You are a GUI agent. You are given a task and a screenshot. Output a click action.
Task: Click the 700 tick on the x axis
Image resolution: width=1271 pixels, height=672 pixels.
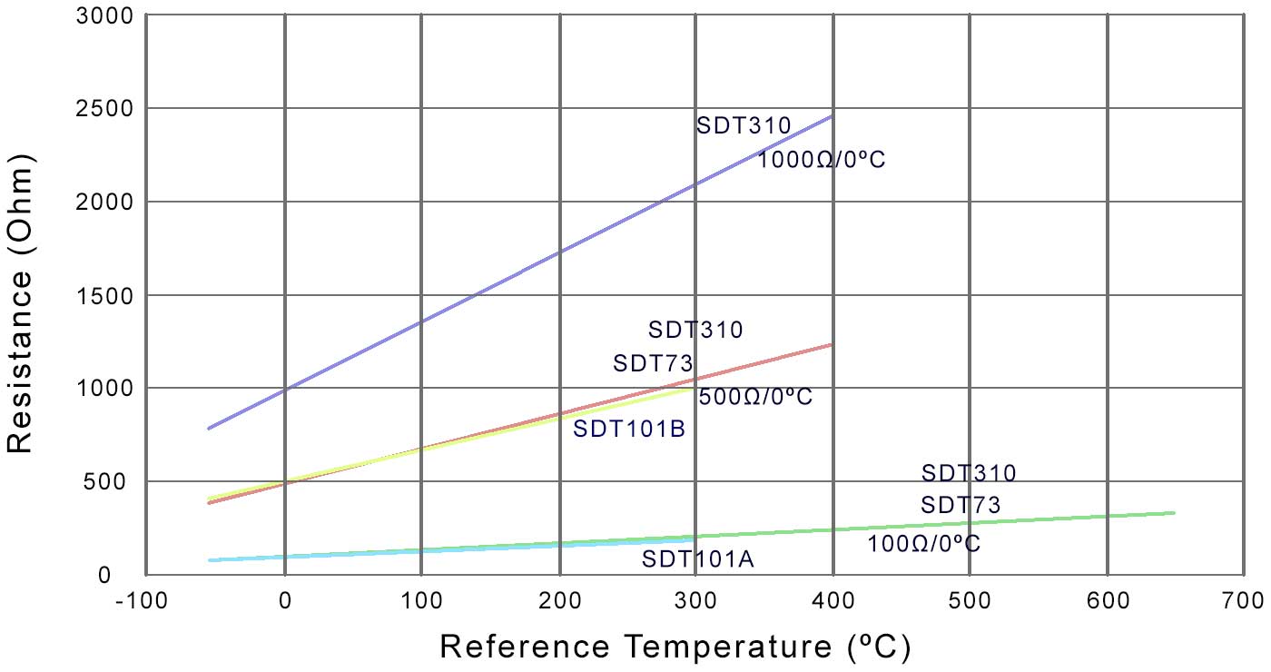pos(1243,600)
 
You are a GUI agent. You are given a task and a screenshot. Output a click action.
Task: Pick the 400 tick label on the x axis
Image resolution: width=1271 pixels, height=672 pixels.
pos(833,600)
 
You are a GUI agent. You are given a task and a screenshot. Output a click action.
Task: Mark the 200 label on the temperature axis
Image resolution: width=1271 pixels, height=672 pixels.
pos(558,600)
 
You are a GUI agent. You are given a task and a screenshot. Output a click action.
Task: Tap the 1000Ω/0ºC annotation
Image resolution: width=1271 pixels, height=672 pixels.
pos(821,160)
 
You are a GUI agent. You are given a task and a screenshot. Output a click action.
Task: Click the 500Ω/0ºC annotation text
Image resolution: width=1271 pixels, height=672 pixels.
pos(755,397)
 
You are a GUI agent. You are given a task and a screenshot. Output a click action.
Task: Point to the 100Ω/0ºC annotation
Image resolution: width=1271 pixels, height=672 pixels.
pos(923,544)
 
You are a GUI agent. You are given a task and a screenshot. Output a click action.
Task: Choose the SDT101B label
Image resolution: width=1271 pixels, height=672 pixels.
pos(628,428)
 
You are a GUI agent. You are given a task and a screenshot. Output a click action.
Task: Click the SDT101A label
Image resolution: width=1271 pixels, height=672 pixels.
pos(697,559)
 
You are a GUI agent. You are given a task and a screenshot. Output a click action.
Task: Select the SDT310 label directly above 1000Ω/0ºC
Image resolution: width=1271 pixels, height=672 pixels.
pos(744,125)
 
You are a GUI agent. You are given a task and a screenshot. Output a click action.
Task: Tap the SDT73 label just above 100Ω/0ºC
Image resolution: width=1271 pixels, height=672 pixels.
pos(961,505)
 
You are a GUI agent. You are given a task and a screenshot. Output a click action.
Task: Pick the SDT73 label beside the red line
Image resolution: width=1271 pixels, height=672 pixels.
pos(653,364)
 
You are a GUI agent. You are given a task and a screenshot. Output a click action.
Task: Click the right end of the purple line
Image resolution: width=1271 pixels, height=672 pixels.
pos(832,116)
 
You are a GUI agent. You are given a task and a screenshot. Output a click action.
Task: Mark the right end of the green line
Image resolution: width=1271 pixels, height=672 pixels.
pos(1175,513)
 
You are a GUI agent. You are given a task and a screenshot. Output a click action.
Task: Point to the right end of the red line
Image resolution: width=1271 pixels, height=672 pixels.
pos(832,344)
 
